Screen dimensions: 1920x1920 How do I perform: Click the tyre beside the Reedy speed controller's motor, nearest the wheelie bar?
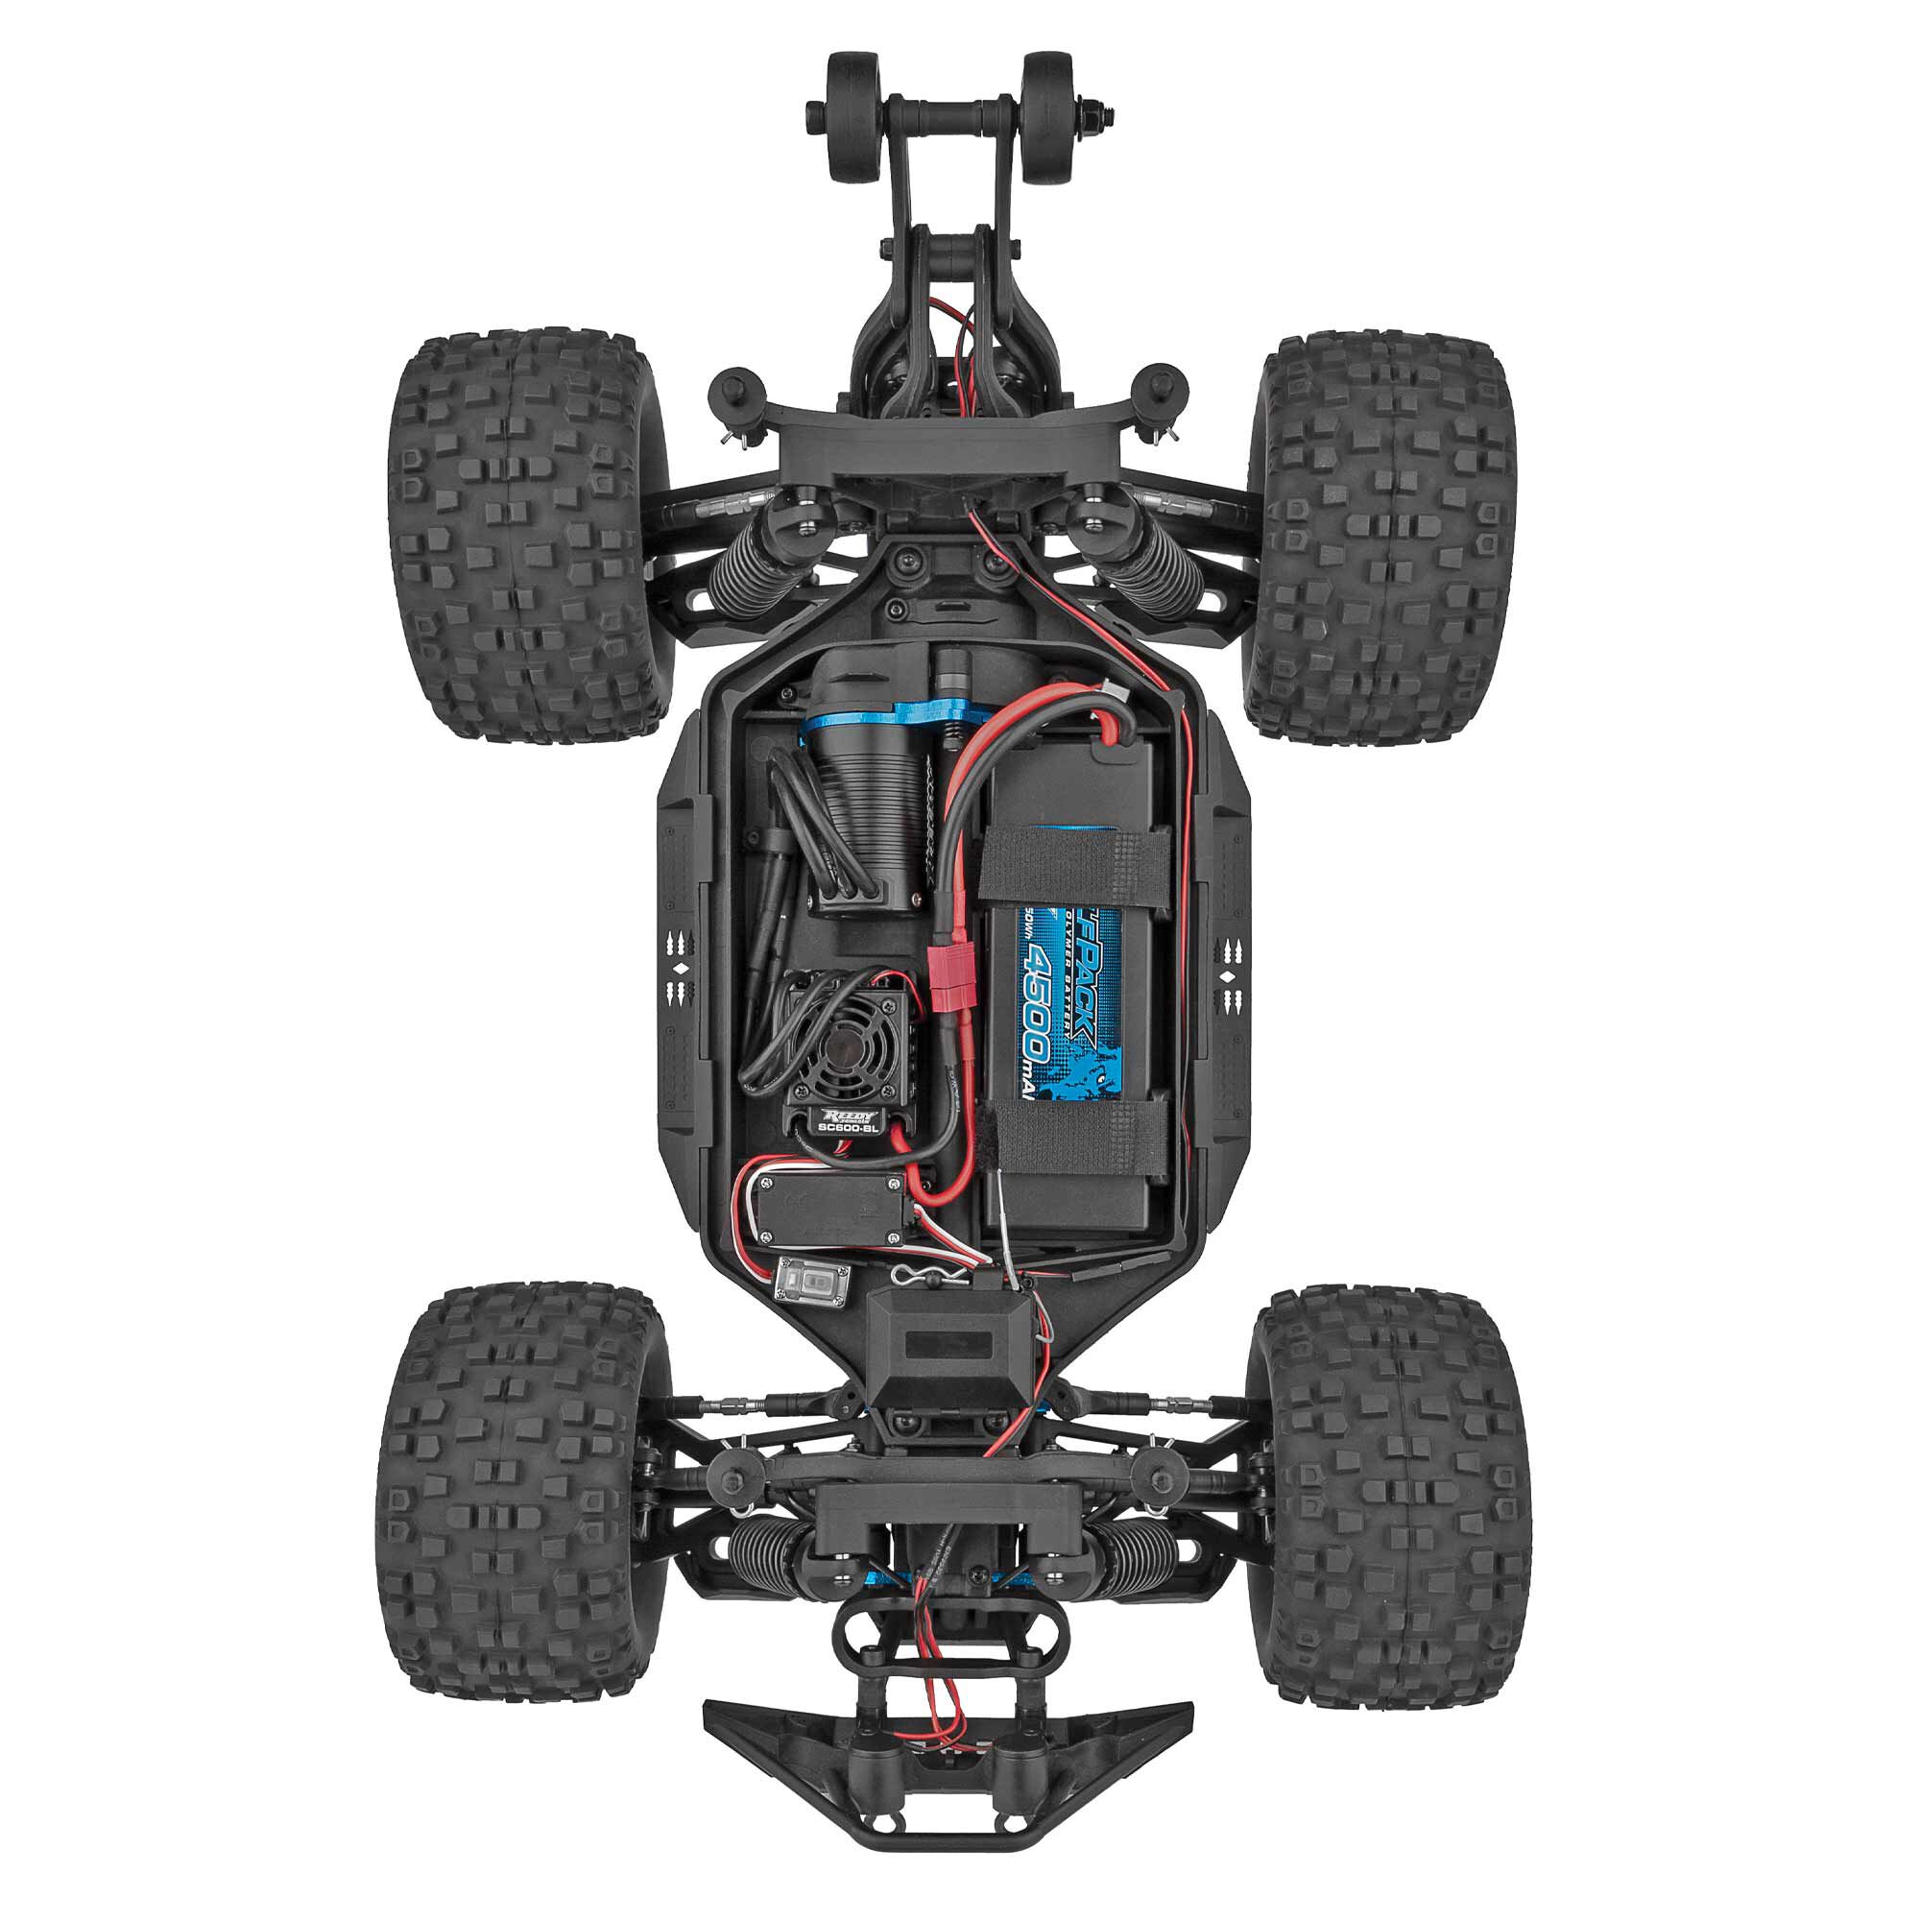click(x=516, y=537)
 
